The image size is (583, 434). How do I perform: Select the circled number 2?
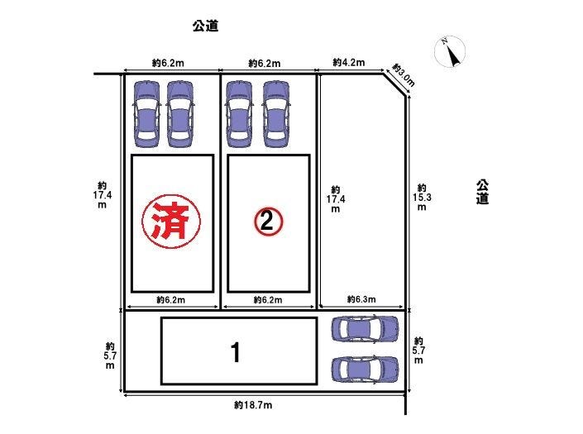pyautogui.click(x=267, y=221)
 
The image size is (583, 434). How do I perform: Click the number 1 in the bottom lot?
pyautogui.click(x=236, y=353)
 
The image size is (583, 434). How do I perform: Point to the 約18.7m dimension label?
pyautogui.click(x=253, y=405)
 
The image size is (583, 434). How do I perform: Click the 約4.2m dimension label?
pyautogui.click(x=349, y=62)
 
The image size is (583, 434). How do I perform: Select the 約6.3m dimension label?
pyautogui.click(x=361, y=299)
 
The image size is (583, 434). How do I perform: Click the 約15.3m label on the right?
pyautogui.click(x=422, y=198)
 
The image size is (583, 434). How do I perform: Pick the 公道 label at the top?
pyautogui.click(x=205, y=26)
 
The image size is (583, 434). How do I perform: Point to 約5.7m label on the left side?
pyautogui.click(x=110, y=355)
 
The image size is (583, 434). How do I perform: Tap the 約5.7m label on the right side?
pyautogui.click(x=419, y=351)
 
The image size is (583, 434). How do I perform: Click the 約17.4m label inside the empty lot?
pyautogui.click(x=336, y=199)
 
